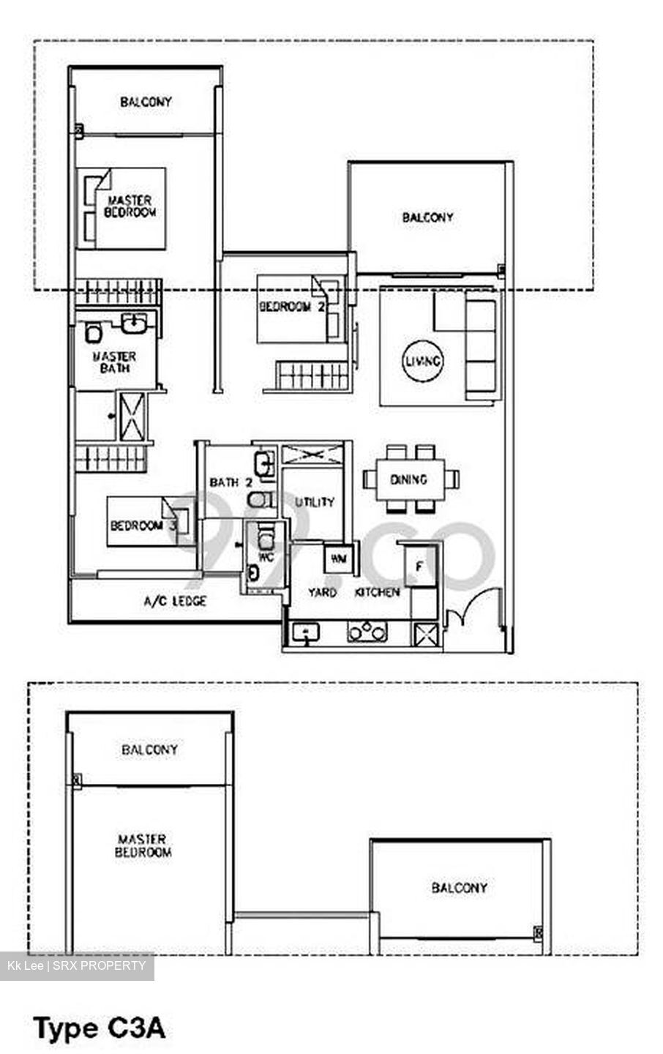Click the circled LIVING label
(x=422, y=362)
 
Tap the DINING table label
(x=408, y=479)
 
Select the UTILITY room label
(x=315, y=502)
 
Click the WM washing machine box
(x=338, y=558)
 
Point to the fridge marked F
(x=421, y=567)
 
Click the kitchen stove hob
(x=367, y=632)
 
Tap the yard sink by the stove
(x=305, y=632)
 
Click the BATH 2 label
(x=231, y=482)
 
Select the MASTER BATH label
(x=114, y=362)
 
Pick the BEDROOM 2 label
(x=292, y=307)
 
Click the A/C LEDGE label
(x=175, y=601)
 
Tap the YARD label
(x=322, y=592)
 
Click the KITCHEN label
(x=377, y=592)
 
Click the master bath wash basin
(x=134, y=323)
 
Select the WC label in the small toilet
(x=266, y=558)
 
